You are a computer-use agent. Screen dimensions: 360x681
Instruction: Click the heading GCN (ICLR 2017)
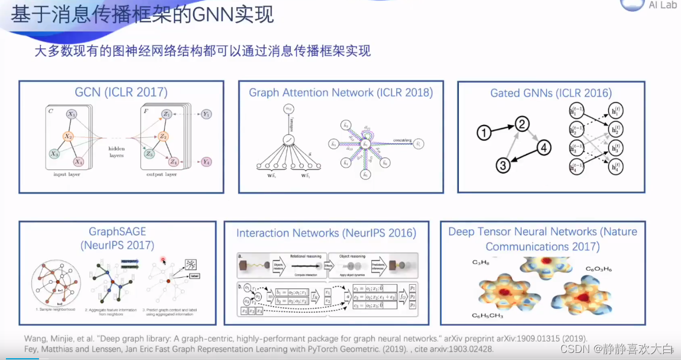click(121, 92)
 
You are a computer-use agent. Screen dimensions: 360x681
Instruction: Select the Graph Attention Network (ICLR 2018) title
click(340, 92)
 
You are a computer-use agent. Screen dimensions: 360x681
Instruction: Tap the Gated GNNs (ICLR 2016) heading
click(551, 93)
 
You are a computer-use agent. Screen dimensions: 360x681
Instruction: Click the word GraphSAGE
click(117, 232)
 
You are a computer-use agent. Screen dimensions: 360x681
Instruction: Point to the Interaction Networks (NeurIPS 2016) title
click(326, 233)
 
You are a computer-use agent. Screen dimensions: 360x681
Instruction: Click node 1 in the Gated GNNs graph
click(484, 134)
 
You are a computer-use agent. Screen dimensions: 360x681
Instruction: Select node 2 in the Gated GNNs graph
click(522, 123)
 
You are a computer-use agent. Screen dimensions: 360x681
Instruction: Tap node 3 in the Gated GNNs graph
click(503, 165)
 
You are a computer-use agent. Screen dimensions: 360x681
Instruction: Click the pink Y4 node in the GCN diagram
click(205, 162)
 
